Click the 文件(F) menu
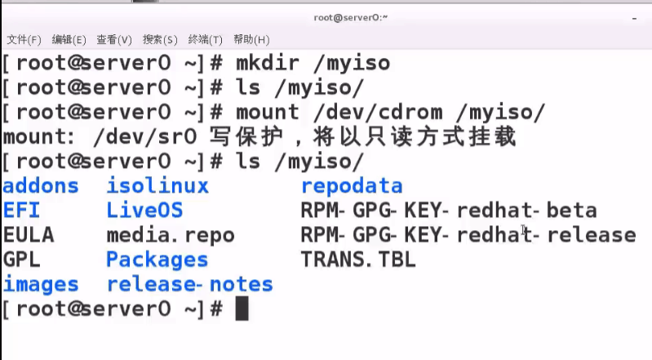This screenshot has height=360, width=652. (24, 39)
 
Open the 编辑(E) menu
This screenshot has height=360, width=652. (69, 39)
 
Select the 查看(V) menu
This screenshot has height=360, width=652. (114, 39)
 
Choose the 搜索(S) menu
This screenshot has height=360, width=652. (160, 39)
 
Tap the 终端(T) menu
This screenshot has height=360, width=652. (206, 39)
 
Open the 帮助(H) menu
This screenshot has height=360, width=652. (251, 39)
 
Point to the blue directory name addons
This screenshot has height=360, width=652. (41, 185)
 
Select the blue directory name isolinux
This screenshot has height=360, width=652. (157, 185)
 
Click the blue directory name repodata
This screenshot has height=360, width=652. (352, 185)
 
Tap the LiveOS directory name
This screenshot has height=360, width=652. (144, 210)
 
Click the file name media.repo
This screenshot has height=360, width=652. (171, 235)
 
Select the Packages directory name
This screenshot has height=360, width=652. (157, 260)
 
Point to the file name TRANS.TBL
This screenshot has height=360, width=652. (358, 260)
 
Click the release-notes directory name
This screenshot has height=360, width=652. (189, 284)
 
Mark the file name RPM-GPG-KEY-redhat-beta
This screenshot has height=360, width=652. (449, 210)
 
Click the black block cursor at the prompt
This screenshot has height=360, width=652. (241, 309)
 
